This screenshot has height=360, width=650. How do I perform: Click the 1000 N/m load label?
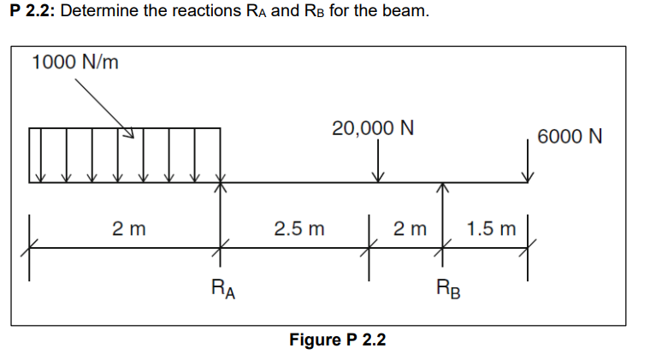click(74, 63)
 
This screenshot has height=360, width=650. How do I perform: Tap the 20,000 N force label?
click(373, 128)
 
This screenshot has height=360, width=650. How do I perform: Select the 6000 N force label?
click(570, 137)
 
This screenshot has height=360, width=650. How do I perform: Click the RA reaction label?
click(223, 288)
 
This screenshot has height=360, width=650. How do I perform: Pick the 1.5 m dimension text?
click(493, 229)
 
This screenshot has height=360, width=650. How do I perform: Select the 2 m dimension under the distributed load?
click(128, 229)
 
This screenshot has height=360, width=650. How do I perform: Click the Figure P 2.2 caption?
click(338, 339)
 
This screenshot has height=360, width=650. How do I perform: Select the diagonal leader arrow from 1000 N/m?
click(104, 108)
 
